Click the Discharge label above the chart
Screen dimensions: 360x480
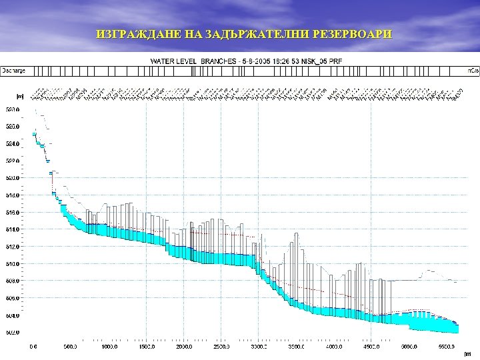click(x=13, y=69)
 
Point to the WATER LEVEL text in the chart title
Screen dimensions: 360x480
click(x=171, y=61)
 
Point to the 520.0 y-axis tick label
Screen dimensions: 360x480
click(x=13, y=178)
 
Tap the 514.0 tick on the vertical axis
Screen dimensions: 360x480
click(x=13, y=229)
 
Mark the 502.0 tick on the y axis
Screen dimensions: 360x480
click(x=13, y=333)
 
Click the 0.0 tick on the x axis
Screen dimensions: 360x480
click(x=33, y=347)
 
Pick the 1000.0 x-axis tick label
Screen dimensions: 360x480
click(x=109, y=347)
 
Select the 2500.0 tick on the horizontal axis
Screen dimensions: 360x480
click(x=221, y=347)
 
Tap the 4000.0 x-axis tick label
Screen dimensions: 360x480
click(x=334, y=347)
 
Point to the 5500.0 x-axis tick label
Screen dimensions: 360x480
click(x=447, y=347)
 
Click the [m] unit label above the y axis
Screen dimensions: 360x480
click(x=21, y=96)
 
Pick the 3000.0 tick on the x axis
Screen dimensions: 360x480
click(x=259, y=347)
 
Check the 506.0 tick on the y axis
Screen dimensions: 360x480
click(x=13, y=298)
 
